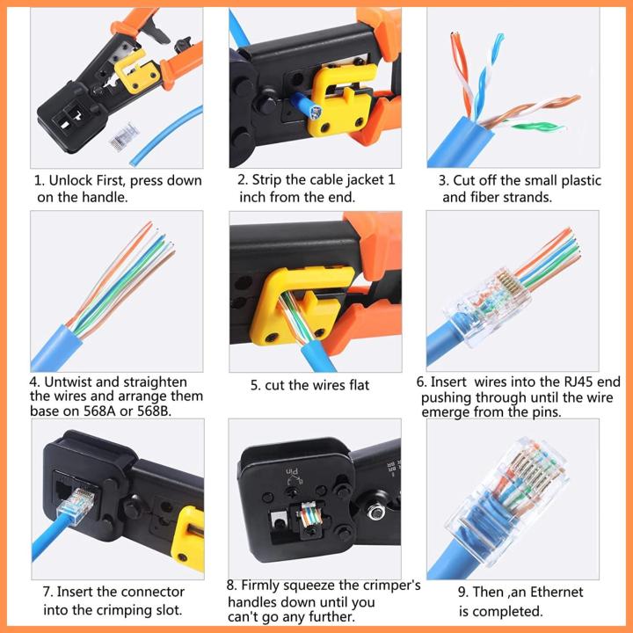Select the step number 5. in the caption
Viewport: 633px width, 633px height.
[x=256, y=385]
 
